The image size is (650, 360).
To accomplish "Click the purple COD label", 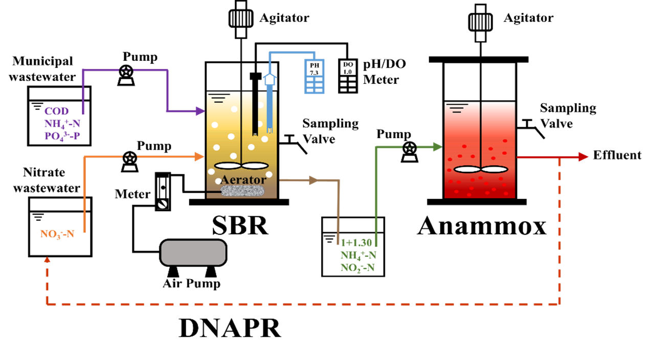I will click(x=56, y=111).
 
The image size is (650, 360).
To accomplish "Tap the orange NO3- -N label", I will click(x=57, y=234).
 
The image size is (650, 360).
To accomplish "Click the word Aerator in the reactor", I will click(x=243, y=179).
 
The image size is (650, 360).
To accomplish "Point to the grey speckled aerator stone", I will click(x=242, y=191).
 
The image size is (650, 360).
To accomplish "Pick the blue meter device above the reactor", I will click(x=314, y=76).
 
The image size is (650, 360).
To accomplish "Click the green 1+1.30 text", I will click(x=356, y=243).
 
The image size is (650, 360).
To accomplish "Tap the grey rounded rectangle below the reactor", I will click(x=193, y=253).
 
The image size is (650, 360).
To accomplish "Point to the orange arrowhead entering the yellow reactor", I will click(x=200, y=156).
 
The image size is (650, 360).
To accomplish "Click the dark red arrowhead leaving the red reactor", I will click(x=584, y=157).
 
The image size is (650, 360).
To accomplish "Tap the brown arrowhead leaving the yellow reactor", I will click(x=313, y=180).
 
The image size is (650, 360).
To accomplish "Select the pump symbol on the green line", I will click(x=409, y=153).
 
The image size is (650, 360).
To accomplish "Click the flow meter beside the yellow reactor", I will click(x=163, y=193).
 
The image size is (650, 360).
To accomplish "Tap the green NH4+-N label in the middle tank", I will click(x=358, y=255).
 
